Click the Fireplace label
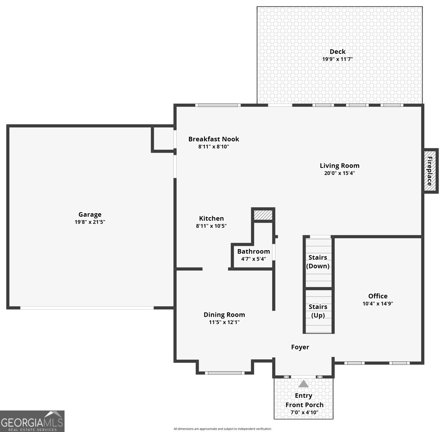tap(430, 171)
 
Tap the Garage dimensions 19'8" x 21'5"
tap(90, 222)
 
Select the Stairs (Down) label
tap(318, 262)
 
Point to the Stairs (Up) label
tap(318, 311)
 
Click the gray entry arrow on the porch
tap(304, 384)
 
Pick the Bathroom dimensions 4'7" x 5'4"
tap(253, 259)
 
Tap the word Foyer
tap(300, 347)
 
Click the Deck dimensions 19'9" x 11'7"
tap(337, 59)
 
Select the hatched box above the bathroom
tap(263, 215)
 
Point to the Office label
tap(378, 296)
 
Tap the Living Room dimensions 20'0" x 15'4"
tap(340, 173)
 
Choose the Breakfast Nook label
tap(213, 139)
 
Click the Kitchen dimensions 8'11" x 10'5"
tap(211, 226)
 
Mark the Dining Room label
tap(224, 315)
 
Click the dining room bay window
tap(225, 373)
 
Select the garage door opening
tap(87, 308)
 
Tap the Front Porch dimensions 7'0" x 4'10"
tap(304, 413)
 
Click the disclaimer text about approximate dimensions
tap(223, 429)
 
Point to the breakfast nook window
tap(217, 105)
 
